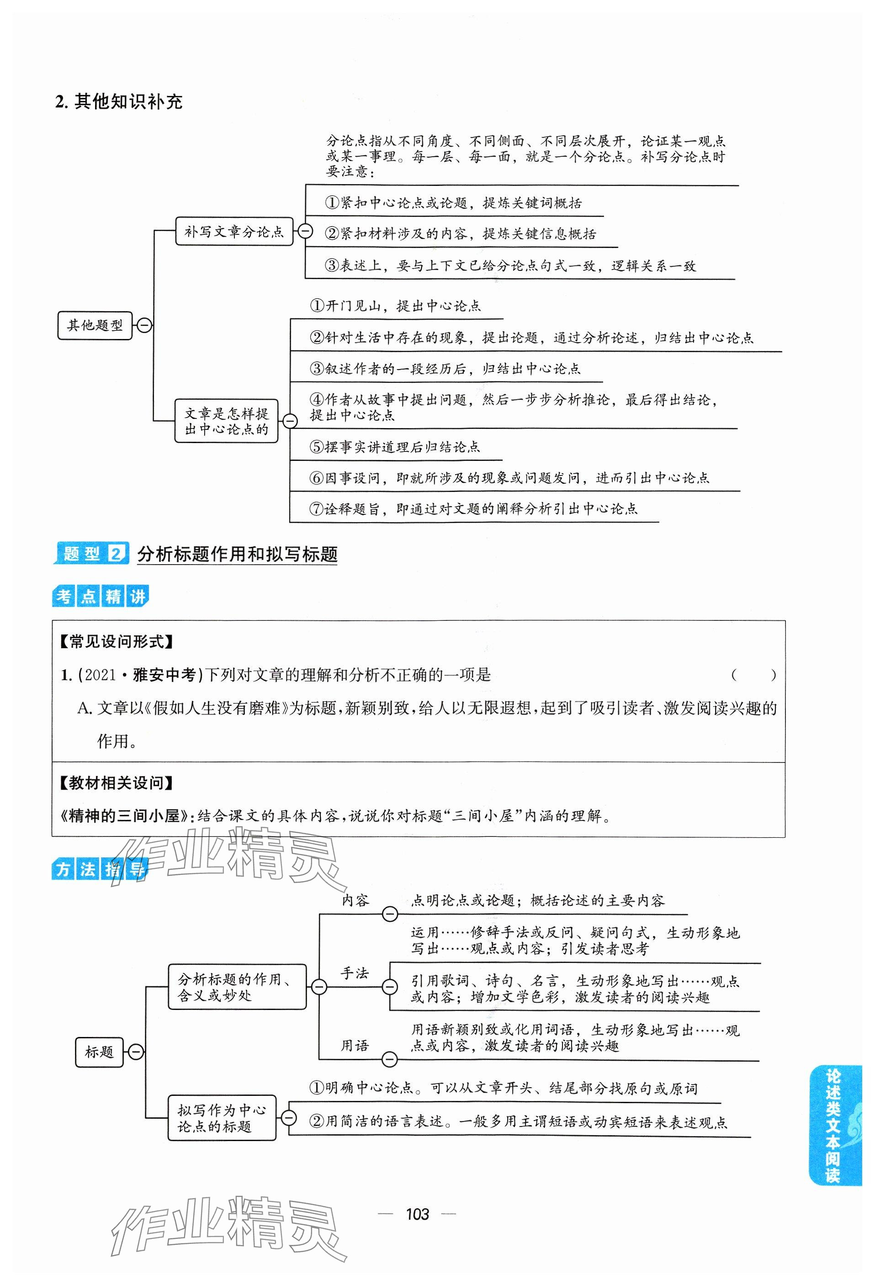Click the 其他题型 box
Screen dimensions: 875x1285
point(95,325)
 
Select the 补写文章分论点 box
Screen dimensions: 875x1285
point(233,232)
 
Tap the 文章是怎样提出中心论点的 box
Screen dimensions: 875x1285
point(226,421)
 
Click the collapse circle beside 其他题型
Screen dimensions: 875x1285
point(144,325)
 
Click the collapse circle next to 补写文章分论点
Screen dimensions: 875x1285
point(305,231)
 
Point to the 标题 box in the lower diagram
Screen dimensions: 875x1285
point(99,1052)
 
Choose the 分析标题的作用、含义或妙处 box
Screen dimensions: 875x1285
point(237,987)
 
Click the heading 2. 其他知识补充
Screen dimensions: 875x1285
point(119,102)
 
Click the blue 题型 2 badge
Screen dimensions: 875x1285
point(91,554)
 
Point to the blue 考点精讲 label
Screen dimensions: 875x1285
point(100,597)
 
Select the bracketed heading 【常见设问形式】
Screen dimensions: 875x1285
point(116,642)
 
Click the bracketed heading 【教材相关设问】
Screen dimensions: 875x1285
point(116,783)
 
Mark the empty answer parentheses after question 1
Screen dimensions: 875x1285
point(753,675)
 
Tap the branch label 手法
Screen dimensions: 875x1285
point(355,973)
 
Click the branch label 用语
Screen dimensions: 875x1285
point(355,1046)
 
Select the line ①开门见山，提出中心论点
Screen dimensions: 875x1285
point(395,306)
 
